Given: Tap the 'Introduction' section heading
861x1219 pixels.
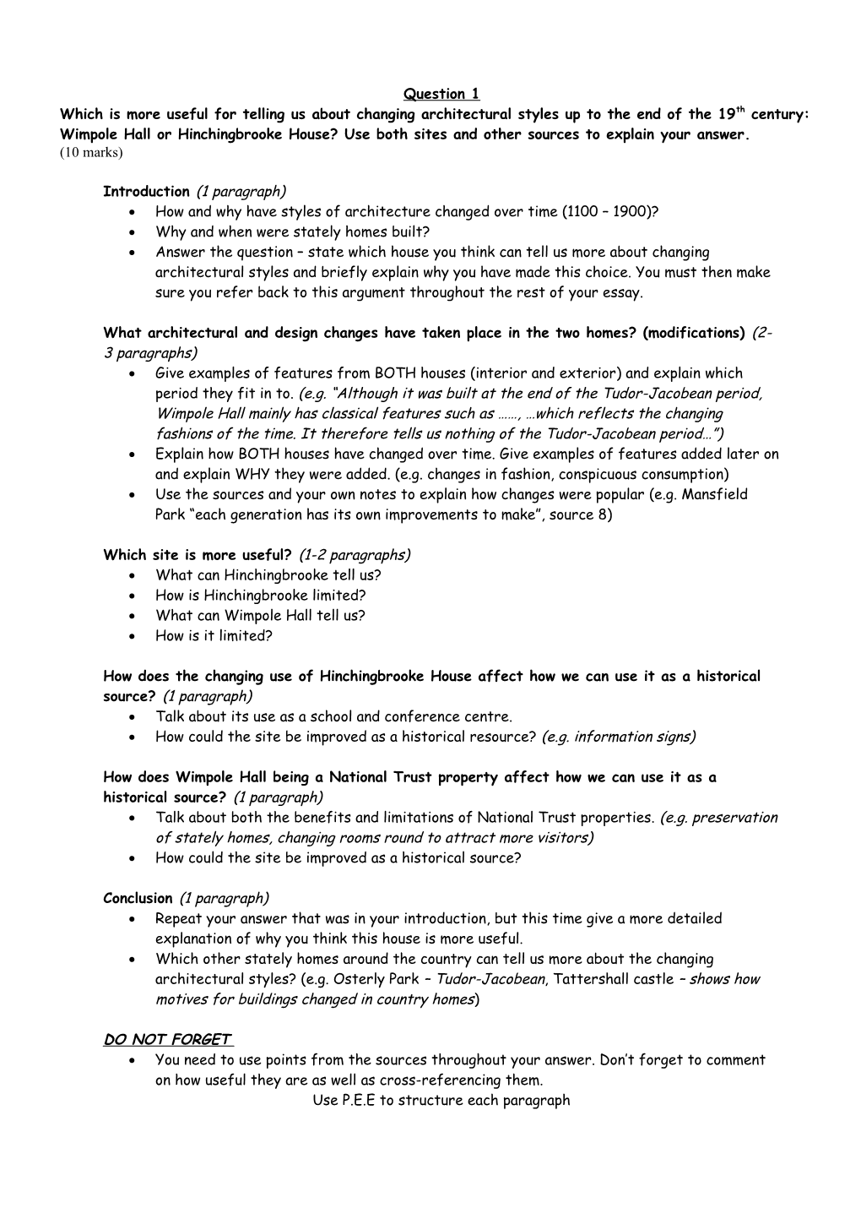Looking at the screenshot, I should pyautogui.click(x=146, y=192).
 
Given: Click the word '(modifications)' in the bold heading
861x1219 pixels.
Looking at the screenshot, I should pyautogui.click(x=693, y=333).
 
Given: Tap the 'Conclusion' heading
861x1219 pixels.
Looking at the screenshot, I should pyautogui.click(x=138, y=899).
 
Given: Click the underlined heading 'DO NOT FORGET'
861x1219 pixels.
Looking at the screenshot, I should pyautogui.click(x=168, y=1040).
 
